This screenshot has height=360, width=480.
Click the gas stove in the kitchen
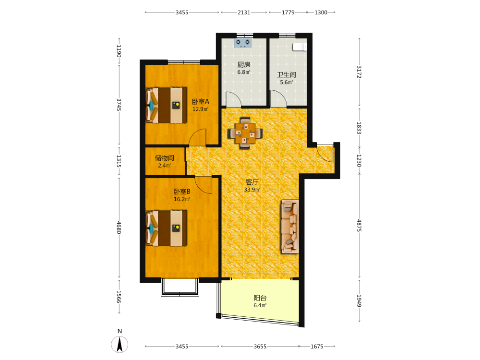tap(243, 43)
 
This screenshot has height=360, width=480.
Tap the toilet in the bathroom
tap(300, 47)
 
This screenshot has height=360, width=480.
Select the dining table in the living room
tap(245, 133)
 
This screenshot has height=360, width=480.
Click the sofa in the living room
tap(290, 227)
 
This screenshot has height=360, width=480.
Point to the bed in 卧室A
tap(166, 105)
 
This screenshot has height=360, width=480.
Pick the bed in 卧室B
tap(166, 228)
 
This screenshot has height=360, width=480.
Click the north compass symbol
tap(120, 344)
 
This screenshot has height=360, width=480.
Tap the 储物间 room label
tap(164, 158)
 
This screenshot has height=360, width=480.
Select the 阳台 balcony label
tap(260, 298)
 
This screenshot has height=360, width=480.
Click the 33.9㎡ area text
tap(252, 190)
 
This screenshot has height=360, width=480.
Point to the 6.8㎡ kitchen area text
tap(244, 72)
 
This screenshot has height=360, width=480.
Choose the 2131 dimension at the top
tap(244, 12)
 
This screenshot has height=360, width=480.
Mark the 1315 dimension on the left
tap(119, 161)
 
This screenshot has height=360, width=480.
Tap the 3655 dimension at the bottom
tap(260, 347)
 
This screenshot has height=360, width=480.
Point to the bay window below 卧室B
tap(180, 287)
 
